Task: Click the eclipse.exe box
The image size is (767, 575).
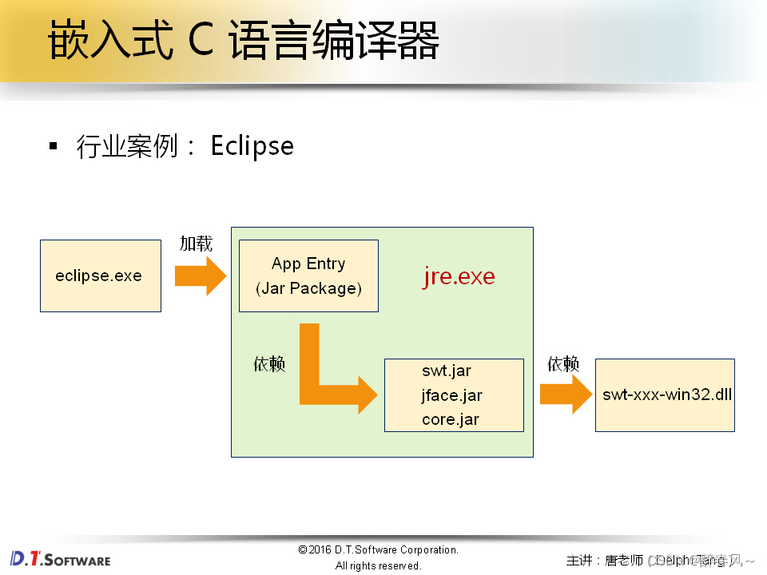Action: coord(100,276)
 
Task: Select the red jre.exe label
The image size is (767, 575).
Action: coord(458,276)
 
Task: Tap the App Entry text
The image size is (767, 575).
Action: coord(308,264)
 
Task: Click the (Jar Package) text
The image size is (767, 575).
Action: coord(308,288)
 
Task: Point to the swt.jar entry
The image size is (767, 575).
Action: coord(447,371)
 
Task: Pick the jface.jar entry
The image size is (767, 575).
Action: coord(452,395)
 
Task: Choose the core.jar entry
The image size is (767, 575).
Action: coord(451,419)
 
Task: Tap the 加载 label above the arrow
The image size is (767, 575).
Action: coord(196,244)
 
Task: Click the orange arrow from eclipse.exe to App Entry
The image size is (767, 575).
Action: coord(201,276)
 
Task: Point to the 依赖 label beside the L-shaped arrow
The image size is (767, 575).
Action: coord(269,364)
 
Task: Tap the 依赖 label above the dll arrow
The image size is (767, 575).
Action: coord(563,364)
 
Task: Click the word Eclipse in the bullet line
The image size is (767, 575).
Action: coord(252,145)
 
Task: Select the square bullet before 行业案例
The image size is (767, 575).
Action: coord(54,146)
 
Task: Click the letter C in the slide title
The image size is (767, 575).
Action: coord(201,42)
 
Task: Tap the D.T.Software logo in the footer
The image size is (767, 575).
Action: coord(60,558)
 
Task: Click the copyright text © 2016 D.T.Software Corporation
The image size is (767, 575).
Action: coord(378,549)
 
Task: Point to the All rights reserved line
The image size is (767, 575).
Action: coord(378,565)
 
